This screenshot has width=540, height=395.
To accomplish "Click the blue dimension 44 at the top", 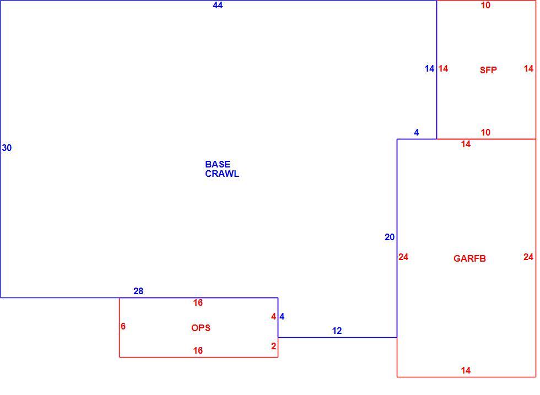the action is coord(218,5).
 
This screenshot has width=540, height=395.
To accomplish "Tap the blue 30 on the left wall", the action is coord(7,148).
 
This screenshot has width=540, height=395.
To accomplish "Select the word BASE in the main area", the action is coord(218,164).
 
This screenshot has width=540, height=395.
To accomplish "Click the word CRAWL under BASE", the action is coord(222,174).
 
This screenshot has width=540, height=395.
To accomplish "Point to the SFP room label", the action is coord(488,71).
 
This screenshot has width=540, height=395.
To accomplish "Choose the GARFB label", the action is coord(469,258).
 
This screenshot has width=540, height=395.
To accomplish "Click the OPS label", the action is coord(201,328).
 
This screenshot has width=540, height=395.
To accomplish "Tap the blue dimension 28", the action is coord(138,291).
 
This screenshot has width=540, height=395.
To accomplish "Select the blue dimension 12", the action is coord(337,331).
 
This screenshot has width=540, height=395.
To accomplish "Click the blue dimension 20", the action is coord(390,237).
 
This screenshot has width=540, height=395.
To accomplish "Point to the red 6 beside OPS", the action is coord(123,326).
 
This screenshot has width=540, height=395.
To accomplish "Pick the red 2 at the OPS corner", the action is coord(273,346).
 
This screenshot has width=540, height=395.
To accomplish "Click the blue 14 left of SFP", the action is coord(429,68).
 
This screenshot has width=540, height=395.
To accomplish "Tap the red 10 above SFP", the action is coord(485,5).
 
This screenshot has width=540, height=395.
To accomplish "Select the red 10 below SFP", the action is coord(485,132).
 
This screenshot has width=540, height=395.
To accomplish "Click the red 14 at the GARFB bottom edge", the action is coord(466,370).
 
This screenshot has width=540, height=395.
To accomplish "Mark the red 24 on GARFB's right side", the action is coord(528,257).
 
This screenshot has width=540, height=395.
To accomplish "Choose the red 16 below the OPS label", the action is coord(198,350).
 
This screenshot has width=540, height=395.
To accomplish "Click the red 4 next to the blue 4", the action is coord(273,316).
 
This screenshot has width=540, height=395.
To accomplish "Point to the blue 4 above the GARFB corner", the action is coord(417,132).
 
